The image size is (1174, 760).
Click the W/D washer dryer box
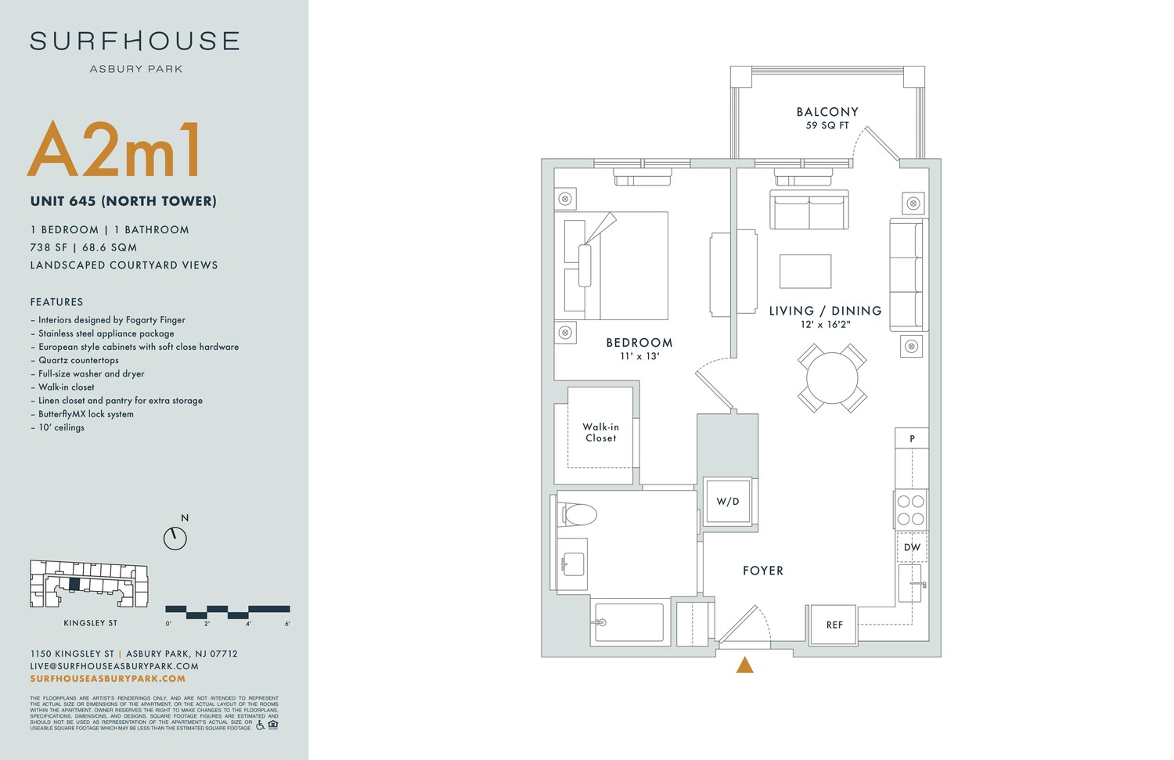[x=728, y=501]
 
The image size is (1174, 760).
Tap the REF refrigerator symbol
[x=834, y=625]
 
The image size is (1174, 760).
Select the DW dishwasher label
[x=912, y=547]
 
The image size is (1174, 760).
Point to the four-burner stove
[x=910, y=510]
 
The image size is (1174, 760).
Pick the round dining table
[x=832, y=378]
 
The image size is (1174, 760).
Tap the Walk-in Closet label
[x=601, y=433]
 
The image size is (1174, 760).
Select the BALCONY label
[x=827, y=112]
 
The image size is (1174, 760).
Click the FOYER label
[x=763, y=571]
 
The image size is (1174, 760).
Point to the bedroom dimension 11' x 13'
[x=639, y=356]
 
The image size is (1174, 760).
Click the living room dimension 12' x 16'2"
[x=825, y=324]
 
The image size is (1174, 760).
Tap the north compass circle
[x=175, y=538]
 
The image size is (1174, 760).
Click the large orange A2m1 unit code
[x=116, y=149]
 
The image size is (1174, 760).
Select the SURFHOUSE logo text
[x=135, y=41]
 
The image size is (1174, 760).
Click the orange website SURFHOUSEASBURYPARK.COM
[x=108, y=679]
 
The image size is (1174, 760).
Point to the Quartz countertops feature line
[x=78, y=360]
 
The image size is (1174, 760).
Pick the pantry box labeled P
[x=912, y=438]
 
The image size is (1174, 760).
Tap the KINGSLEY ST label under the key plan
[x=91, y=623]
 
